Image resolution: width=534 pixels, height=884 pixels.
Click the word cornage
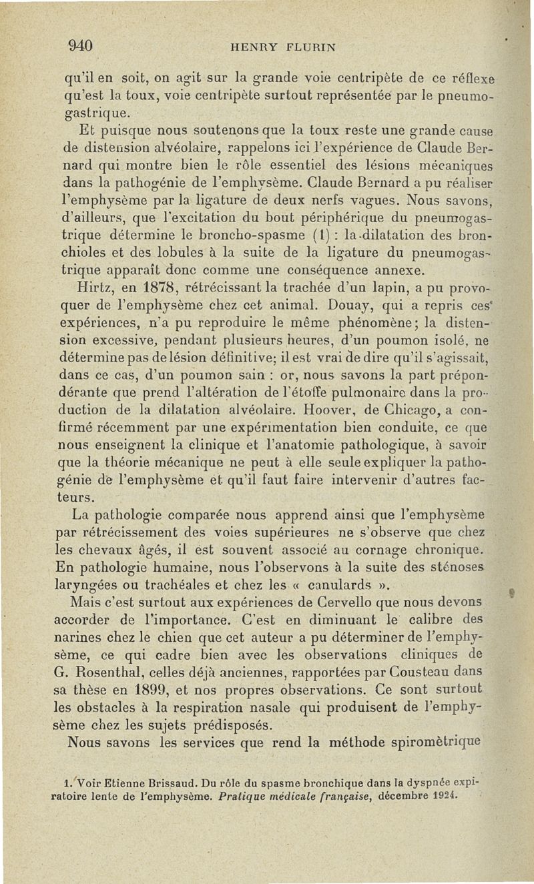378,552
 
